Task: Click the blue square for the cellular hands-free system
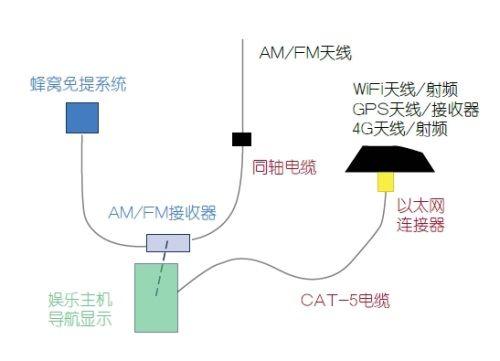coord(82,119)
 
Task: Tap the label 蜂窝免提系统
coord(78,84)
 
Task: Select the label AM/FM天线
coord(306,53)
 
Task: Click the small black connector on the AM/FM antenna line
coord(241,138)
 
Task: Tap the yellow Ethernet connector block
coord(384,183)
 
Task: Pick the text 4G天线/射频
coord(399,128)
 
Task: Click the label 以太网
coord(421,205)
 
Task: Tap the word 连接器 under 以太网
coord(421,225)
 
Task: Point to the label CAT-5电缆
coord(344,298)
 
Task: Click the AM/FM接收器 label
coord(162,213)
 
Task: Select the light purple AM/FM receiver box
coord(167,242)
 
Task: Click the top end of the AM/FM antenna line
coord(242,40)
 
